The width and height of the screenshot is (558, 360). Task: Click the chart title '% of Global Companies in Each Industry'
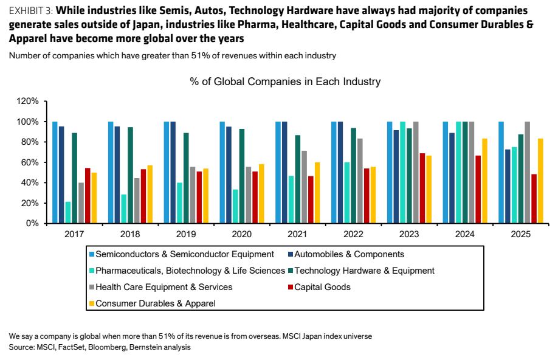285,81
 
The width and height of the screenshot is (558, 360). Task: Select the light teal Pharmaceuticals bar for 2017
68,213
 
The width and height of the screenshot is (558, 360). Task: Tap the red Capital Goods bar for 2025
534,199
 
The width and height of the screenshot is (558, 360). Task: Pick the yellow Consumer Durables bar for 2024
484,181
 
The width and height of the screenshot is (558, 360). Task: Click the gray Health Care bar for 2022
360,181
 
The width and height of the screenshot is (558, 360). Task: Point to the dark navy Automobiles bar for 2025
508,186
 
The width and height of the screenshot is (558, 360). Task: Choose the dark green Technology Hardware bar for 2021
297,179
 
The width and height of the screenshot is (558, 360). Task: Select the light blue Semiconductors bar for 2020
222,173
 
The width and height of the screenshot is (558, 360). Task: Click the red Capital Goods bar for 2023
422,189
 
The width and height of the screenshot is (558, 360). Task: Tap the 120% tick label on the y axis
27,101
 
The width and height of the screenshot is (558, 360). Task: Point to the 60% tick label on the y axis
30,162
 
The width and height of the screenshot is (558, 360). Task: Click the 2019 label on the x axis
186,234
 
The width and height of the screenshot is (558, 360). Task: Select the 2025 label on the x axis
521,234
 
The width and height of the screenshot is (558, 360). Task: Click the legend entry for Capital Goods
319,287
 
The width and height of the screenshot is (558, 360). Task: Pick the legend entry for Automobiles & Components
346,254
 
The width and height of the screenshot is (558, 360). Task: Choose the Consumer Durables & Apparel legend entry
153,303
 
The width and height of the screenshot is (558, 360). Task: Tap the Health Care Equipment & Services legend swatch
92,287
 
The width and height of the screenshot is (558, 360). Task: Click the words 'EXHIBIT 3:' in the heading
31,11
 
